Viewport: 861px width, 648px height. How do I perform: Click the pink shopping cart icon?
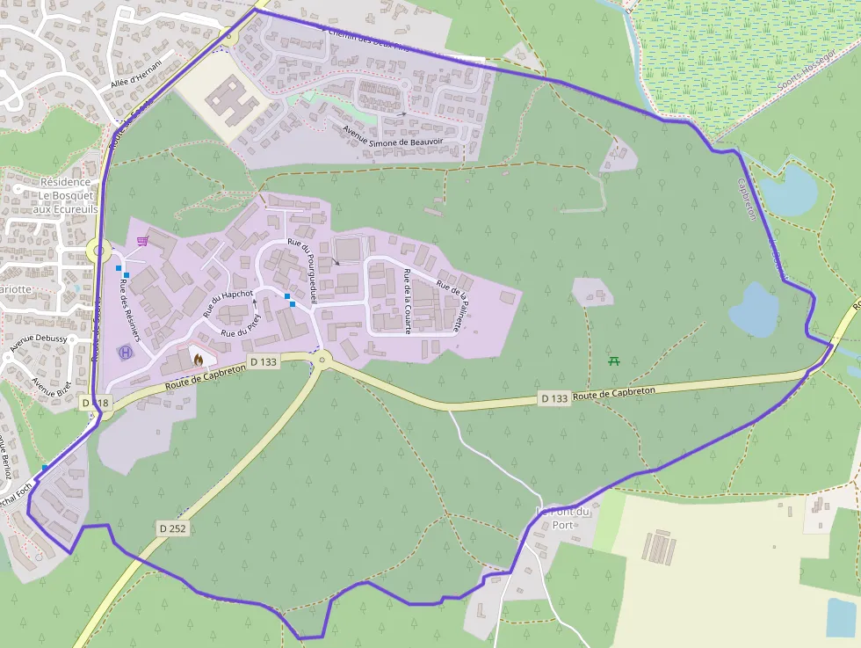tap(141, 240)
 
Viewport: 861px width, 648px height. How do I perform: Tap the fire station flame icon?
tap(199, 359)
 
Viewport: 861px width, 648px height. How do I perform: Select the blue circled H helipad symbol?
tap(125, 353)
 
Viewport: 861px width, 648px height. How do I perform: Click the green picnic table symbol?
tap(614, 360)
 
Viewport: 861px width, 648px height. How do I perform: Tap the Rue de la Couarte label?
tap(408, 301)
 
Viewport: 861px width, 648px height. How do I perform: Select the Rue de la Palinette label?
tap(453, 305)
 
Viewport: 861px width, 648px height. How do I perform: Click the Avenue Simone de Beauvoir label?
tap(392, 135)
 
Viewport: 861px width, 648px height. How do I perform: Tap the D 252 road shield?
tap(175, 528)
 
